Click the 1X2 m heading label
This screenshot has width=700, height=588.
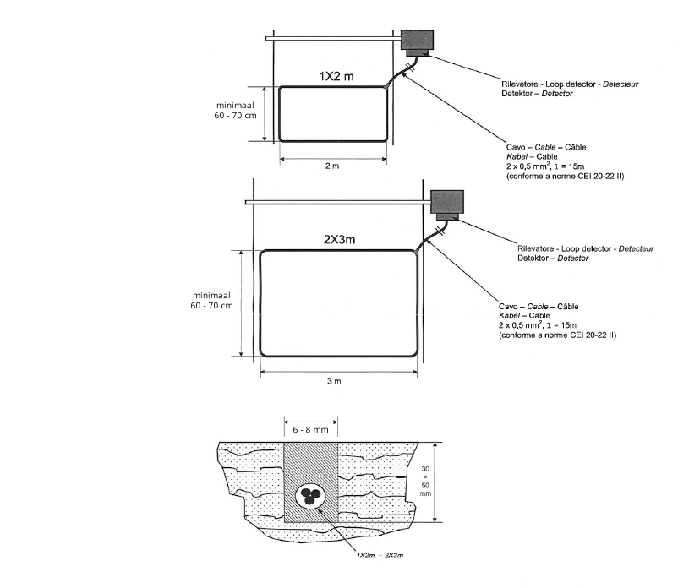[336, 76]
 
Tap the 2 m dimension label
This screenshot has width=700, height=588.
[332, 166]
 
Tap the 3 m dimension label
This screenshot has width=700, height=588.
[334, 381]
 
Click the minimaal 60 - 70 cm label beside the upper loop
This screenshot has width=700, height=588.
[237, 110]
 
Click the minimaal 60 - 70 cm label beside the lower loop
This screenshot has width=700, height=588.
[211, 300]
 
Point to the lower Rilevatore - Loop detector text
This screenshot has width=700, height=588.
[585, 248]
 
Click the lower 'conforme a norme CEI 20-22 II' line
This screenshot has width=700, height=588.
[558, 335]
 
